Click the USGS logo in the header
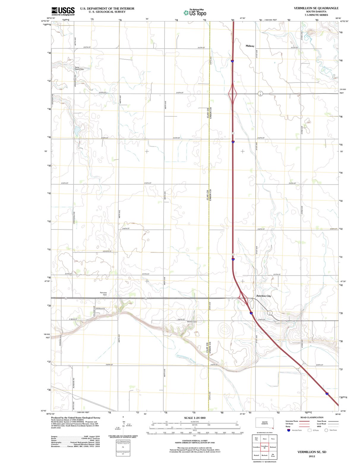point(63,11)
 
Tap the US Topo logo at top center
point(195,12)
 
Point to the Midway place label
point(250,46)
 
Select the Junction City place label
point(263,296)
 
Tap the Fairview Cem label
point(103,294)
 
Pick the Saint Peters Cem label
point(79,68)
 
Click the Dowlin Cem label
point(192,322)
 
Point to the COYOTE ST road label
point(107,251)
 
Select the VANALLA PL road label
point(100,308)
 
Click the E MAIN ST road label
point(73,319)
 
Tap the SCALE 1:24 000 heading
point(195,418)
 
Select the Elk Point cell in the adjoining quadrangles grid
point(273,455)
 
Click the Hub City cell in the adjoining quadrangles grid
point(256,439)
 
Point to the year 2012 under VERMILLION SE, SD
point(312,456)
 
